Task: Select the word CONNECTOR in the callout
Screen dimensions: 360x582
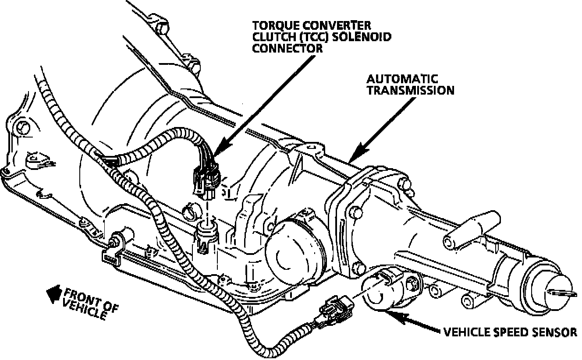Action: click(x=287, y=48)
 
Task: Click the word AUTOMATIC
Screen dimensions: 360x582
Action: click(x=402, y=79)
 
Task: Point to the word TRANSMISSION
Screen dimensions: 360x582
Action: click(x=410, y=90)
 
